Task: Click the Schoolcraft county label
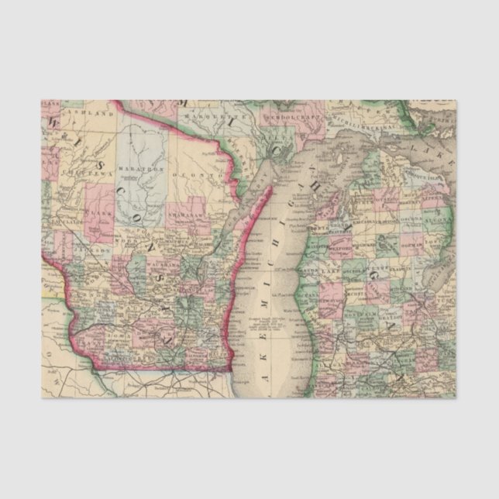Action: (x=287, y=118)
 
